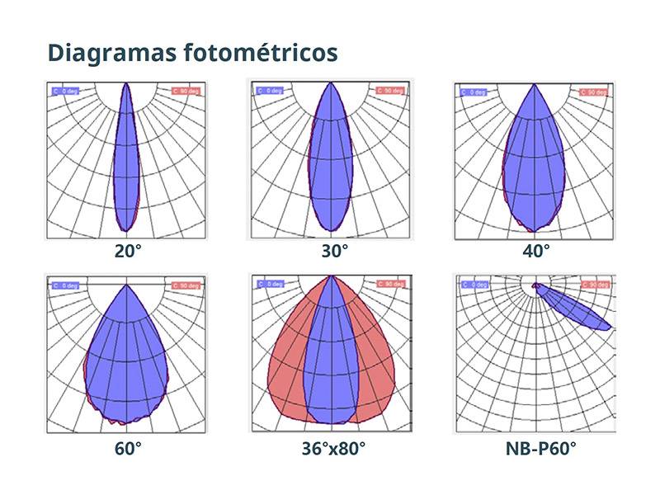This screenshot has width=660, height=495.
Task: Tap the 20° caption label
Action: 128,249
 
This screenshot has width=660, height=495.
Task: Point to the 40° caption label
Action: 536,249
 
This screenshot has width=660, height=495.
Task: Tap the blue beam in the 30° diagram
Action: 331,165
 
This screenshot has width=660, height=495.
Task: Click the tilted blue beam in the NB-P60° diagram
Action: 577,309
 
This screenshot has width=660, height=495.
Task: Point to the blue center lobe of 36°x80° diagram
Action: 331,363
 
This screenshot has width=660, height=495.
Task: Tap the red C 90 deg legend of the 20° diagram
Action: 186,91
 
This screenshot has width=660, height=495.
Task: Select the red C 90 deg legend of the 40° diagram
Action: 596,91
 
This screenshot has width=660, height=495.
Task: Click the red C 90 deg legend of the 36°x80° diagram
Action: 391,284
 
